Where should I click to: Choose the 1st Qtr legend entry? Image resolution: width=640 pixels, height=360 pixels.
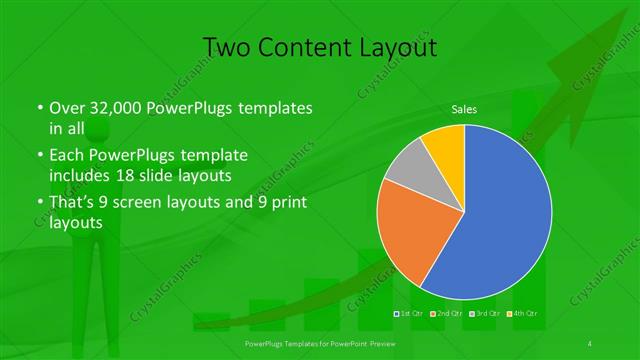(412, 314)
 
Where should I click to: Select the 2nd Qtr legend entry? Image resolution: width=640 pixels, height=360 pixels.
(447, 314)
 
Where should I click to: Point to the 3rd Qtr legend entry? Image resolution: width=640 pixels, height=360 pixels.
(482, 314)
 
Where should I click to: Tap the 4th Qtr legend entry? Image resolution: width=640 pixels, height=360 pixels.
(516, 314)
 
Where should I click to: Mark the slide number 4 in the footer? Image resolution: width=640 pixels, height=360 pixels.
(591, 343)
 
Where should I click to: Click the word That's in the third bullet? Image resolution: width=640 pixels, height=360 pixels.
(70, 203)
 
